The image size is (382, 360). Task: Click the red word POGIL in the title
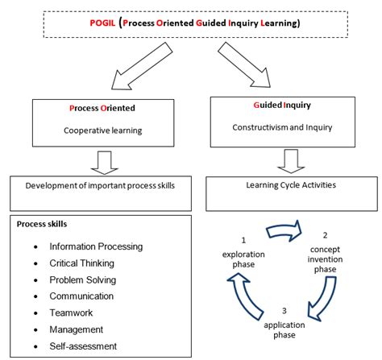(102, 23)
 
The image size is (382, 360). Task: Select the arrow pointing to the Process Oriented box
(142, 66)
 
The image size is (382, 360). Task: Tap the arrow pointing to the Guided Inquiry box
(244, 64)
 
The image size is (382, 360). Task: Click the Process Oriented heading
(102, 108)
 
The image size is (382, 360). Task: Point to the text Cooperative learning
(103, 130)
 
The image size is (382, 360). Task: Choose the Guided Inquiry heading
(282, 105)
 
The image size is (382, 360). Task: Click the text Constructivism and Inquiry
(282, 127)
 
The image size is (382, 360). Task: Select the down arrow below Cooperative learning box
(104, 163)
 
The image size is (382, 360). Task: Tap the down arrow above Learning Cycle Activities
(291, 161)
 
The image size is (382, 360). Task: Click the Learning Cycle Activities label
(291, 185)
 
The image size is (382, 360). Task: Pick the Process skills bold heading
(42, 224)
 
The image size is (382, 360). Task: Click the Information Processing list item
(96, 246)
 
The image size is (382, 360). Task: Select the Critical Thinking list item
(81, 263)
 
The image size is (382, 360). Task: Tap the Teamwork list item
(71, 312)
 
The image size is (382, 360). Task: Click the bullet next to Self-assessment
(35, 346)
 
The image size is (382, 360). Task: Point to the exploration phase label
(243, 259)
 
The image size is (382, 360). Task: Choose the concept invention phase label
(325, 259)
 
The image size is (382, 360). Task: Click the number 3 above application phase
(284, 311)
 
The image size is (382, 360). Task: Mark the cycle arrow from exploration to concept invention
(284, 231)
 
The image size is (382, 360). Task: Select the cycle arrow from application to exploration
(244, 296)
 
